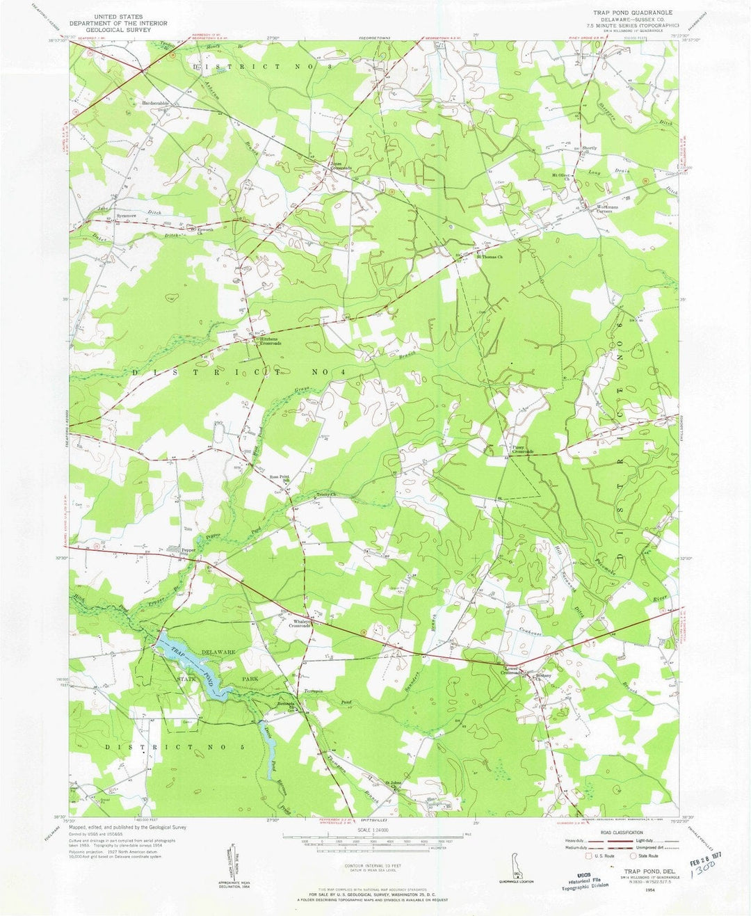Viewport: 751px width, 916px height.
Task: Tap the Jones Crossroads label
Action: click(340, 167)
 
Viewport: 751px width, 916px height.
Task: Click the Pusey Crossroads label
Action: click(522, 450)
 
